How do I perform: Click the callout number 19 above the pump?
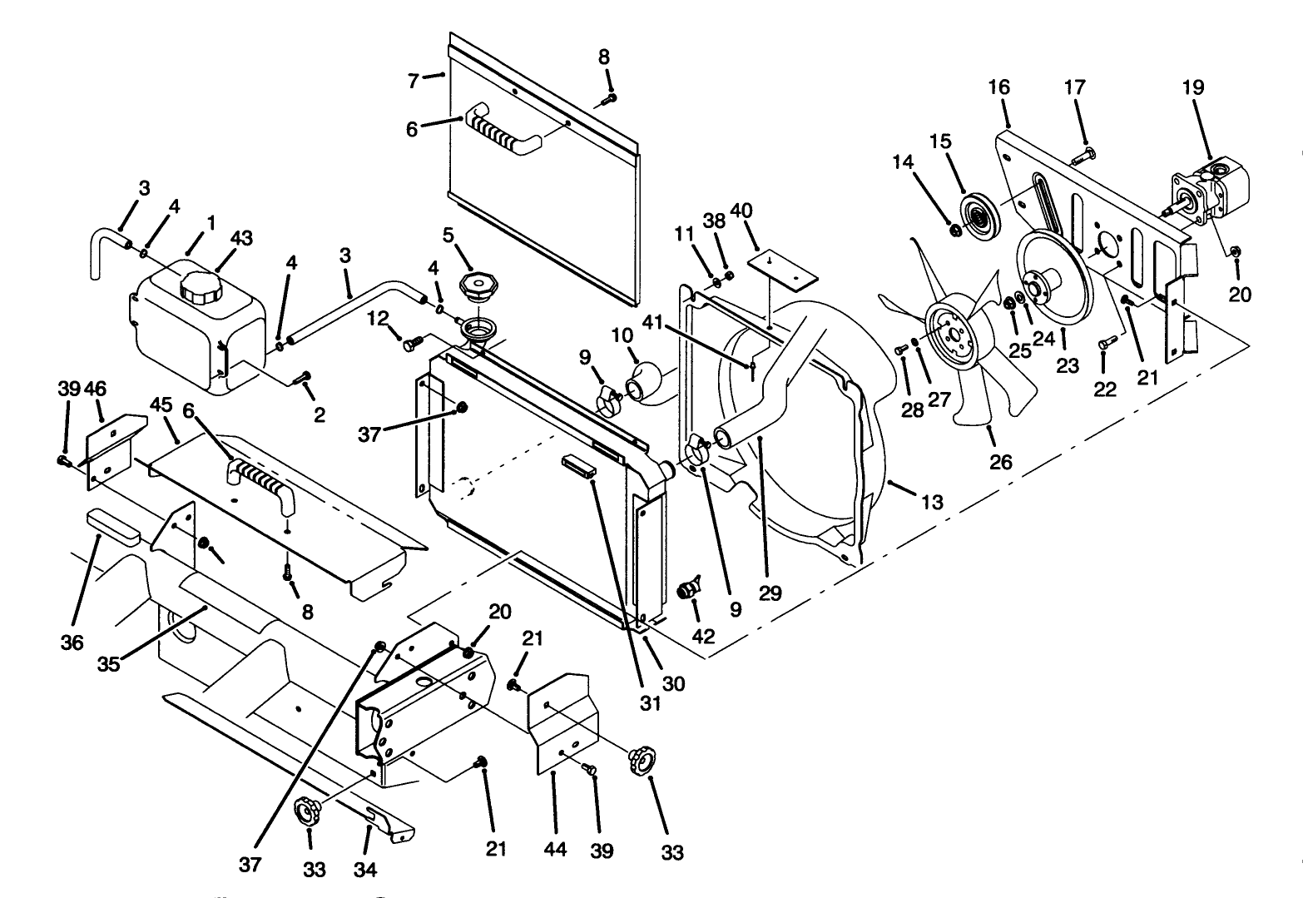pyautogui.click(x=1193, y=87)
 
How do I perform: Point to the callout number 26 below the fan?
pyautogui.click(x=1001, y=460)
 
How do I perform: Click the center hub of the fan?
pyautogui.click(x=947, y=333)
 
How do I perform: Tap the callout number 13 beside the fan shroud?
pyautogui.click(x=933, y=502)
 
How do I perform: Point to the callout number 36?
pyautogui.click(x=72, y=643)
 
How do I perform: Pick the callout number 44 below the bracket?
pyautogui.click(x=555, y=849)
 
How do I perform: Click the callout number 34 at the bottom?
pyautogui.click(x=365, y=870)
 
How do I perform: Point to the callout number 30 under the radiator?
pyautogui.click(x=673, y=682)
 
